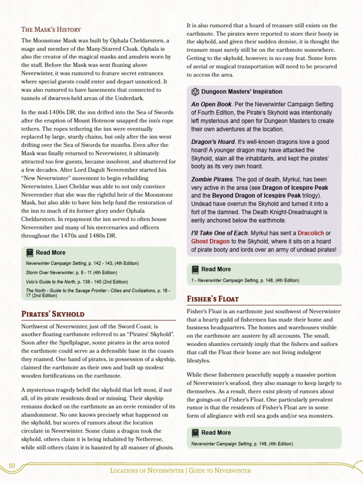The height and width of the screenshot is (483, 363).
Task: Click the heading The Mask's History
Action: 51,29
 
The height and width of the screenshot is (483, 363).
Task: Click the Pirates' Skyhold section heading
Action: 53,314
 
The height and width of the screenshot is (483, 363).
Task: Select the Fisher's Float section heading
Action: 213,299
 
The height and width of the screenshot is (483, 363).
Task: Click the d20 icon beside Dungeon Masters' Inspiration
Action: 195,92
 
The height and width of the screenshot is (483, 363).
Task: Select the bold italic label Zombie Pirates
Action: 212,180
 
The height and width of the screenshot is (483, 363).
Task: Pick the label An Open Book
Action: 211,104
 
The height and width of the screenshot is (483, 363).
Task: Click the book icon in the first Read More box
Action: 30,252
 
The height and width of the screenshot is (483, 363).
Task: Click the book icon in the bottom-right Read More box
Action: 195,433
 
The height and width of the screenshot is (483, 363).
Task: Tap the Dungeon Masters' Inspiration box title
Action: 242,92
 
